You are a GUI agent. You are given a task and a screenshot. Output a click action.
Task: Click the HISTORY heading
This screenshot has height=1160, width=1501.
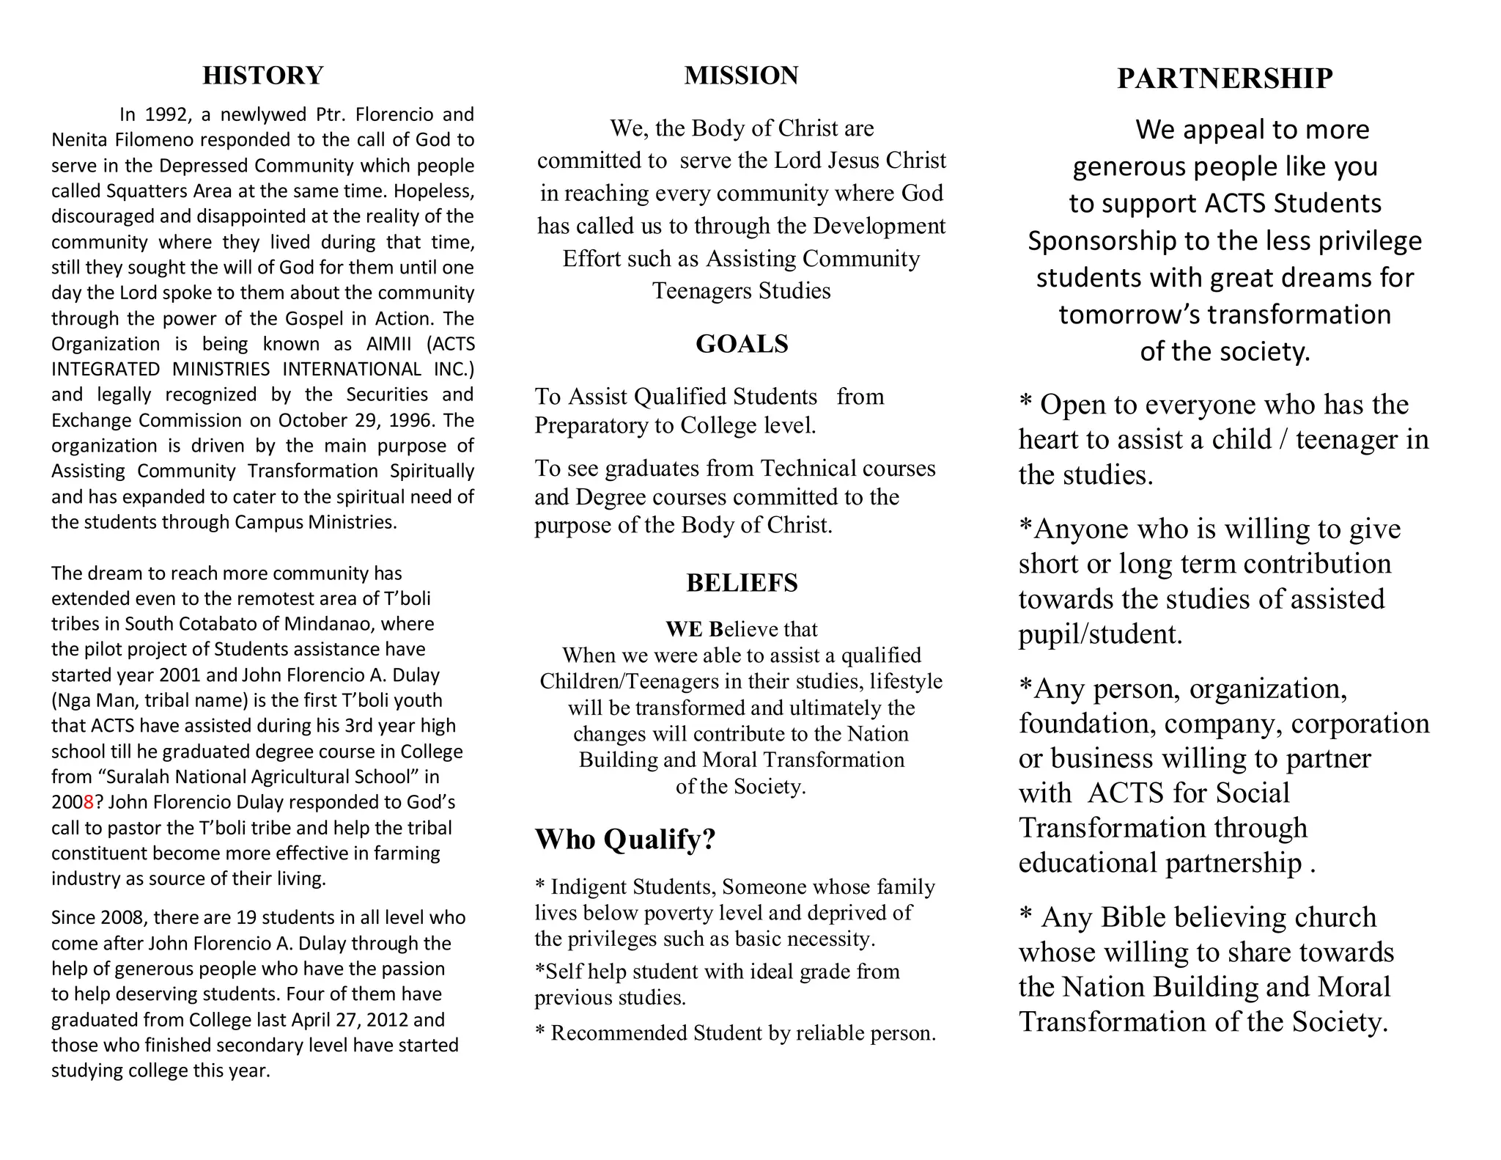point(262,76)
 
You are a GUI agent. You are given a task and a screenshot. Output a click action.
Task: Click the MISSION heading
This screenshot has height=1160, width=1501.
point(741,76)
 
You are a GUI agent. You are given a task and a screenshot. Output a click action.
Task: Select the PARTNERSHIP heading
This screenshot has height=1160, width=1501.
point(1224,78)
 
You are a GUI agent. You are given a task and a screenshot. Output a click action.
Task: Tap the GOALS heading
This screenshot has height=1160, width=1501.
point(742,344)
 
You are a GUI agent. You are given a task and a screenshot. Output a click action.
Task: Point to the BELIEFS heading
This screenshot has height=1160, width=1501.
point(742,583)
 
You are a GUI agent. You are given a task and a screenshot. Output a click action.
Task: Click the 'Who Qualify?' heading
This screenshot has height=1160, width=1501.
point(624,840)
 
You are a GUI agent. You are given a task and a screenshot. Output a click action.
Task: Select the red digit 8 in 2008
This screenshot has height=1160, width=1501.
point(89,802)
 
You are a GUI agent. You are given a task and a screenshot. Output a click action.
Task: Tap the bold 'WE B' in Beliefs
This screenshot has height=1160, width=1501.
point(694,629)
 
